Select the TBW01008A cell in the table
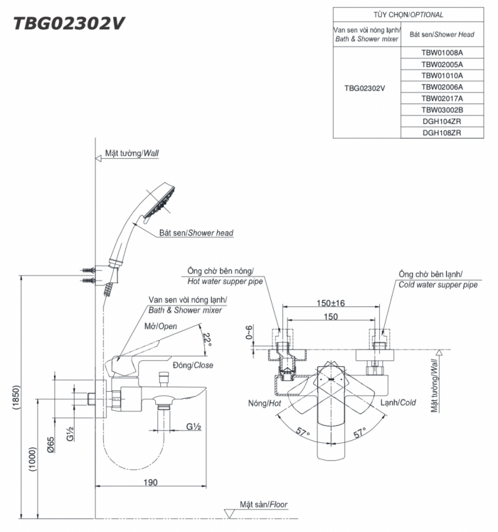click(x=442, y=52)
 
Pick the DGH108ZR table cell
click(x=442, y=132)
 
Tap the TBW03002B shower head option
click(x=442, y=110)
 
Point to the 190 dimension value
click(x=149, y=482)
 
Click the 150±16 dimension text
click(x=330, y=303)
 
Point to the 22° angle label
click(x=207, y=338)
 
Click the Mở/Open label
click(x=161, y=326)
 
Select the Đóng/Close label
click(x=193, y=365)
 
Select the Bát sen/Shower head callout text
click(x=196, y=233)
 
